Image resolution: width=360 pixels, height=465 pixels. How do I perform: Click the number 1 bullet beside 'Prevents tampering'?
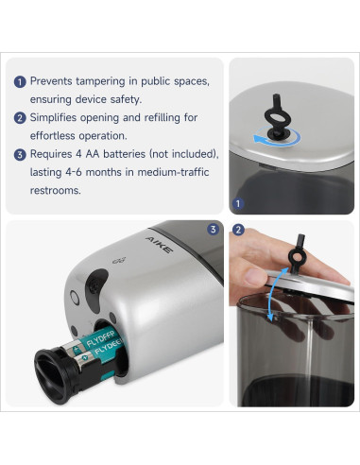(x=20, y=82)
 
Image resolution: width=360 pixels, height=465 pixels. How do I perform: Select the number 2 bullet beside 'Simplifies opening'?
(x=20, y=118)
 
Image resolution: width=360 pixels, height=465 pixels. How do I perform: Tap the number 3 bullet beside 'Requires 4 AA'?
(x=20, y=154)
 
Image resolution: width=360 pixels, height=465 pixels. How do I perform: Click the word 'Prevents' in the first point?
(x=56, y=82)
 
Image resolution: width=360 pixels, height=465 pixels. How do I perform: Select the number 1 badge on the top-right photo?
(x=238, y=202)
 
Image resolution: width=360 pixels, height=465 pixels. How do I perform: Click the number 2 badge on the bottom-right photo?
(x=238, y=230)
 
